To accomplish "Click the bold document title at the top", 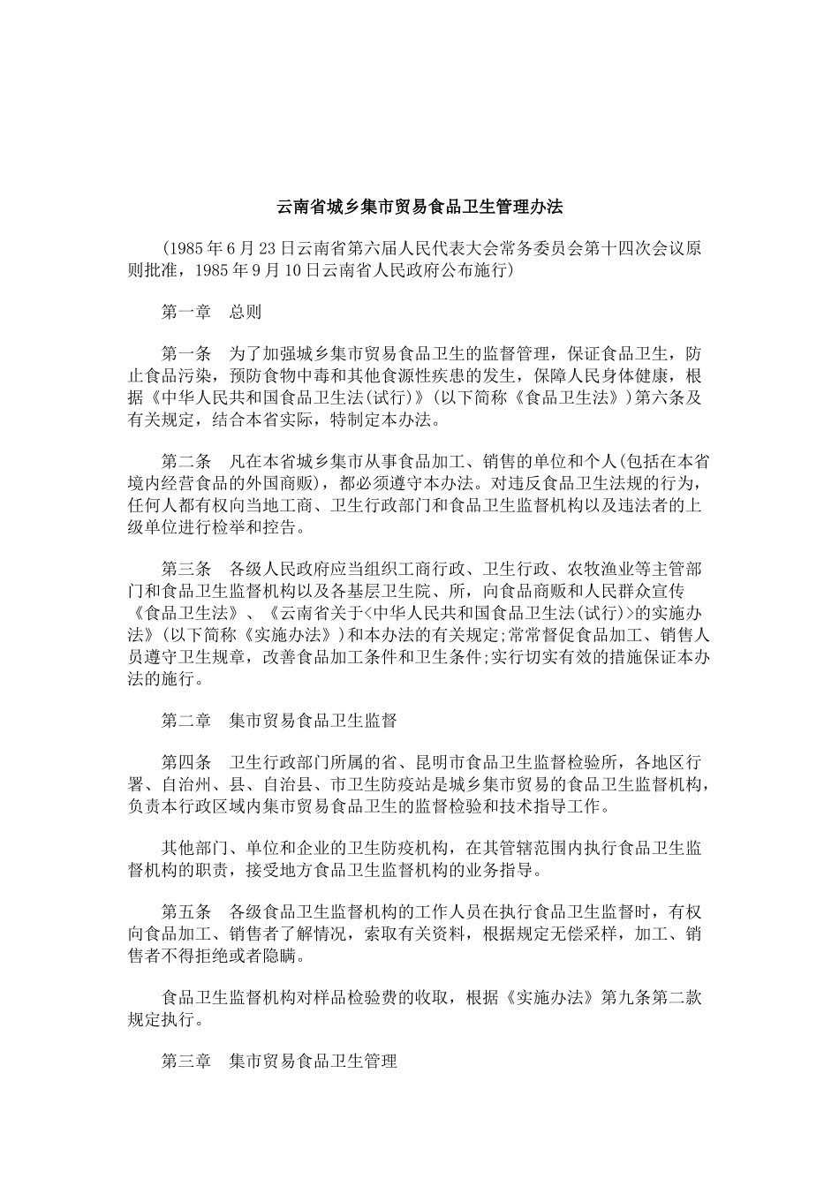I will pos(419,208).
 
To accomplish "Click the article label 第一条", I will pos(186,354).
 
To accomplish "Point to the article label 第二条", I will pos(186,461).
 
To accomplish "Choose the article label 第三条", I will pos(186,568).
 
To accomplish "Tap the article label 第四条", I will pos(186,763).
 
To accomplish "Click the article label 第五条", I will pos(186,912).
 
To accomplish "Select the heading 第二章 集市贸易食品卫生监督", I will pos(279,721).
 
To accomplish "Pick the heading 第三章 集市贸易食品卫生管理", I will pos(279,1061).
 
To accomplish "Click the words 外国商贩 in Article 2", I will pos(283,483).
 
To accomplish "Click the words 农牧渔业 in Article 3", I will pos(593,568).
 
